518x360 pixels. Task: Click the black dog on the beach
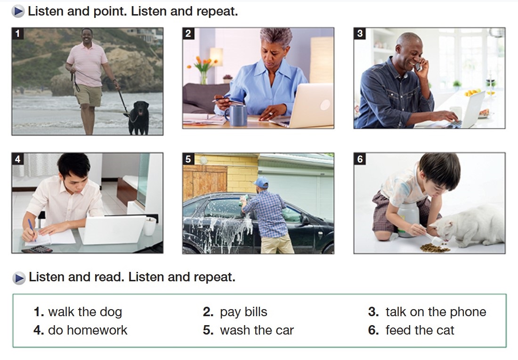point(139,118)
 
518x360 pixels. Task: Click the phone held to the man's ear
point(418,66)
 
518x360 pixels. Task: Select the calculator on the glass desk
point(37,249)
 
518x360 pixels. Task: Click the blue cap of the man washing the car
point(261,182)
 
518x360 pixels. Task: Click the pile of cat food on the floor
point(434,247)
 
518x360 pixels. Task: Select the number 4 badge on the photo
point(17,159)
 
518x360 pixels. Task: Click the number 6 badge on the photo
point(360,159)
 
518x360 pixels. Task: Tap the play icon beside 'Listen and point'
point(18,12)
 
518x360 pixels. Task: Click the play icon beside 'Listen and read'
point(19,278)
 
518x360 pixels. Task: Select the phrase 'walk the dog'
point(85,312)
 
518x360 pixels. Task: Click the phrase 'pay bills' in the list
point(243,312)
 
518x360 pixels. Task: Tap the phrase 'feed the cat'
point(420,330)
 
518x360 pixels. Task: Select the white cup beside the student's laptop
point(149,226)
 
